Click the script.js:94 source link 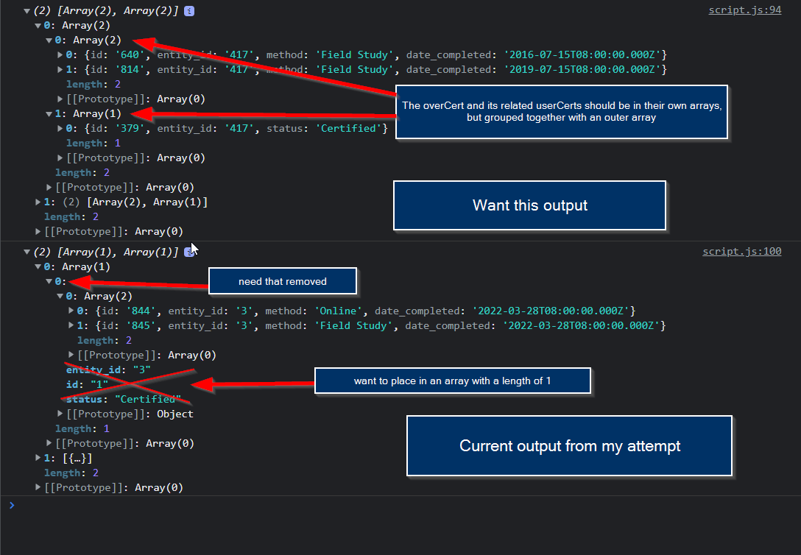pos(745,10)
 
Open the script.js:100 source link pos(742,251)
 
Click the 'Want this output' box pos(530,205)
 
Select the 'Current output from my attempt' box pos(570,446)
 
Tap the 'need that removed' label pos(283,281)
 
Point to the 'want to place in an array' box pos(453,381)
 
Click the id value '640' pos(130,54)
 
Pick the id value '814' pos(130,69)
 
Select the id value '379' pos(130,128)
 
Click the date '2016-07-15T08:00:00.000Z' pos(582,54)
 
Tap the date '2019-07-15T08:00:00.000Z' pos(582,69)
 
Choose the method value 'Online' pos(338,311)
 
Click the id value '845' pos(141,326)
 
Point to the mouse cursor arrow pos(194,250)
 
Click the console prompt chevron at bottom pos(12,506)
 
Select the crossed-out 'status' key pos(87,399)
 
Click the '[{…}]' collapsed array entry pos(77,458)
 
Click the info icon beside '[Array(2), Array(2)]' pos(189,11)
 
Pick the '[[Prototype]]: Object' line pos(130,414)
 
